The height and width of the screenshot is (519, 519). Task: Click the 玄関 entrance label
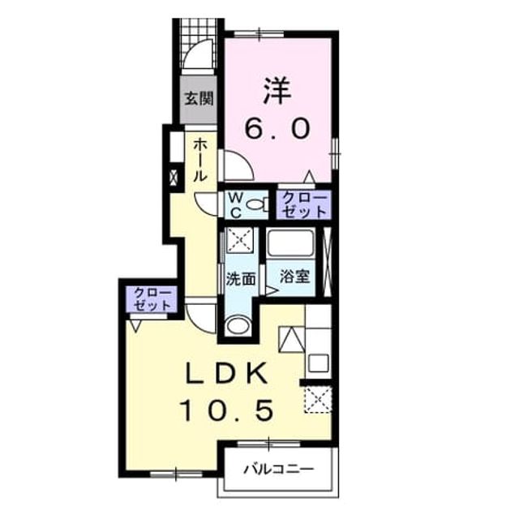pyautogui.click(x=199, y=98)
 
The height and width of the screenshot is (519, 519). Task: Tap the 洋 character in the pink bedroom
pyautogui.click(x=277, y=91)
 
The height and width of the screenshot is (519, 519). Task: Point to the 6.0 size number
pyautogui.click(x=277, y=128)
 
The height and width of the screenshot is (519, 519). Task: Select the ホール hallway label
pyautogui.click(x=200, y=160)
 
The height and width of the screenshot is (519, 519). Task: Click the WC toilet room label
pyautogui.click(x=235, y=205)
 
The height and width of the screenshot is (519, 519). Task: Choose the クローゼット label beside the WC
pyautogui.click(x=304, y=205)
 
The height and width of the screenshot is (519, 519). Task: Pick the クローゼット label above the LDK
pyautogui.click(x=152, y=299)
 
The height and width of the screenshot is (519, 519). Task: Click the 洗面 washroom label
pyautogui.click(x=241, y=279)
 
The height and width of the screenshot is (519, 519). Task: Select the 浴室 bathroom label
pyautogui.click(x=294, y=277)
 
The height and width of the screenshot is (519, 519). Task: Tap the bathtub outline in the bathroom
pyautogui.click(x=290, y=243)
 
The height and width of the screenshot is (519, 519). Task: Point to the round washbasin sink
pyautogui.click(x=238, y=326)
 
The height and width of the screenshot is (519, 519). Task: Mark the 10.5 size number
pyautogui.click(x=226, y=410)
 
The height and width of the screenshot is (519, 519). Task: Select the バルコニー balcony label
pyautogui.click(x=278, y=469)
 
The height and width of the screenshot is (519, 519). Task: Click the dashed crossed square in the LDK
pyautogui.click(x=318, y=400)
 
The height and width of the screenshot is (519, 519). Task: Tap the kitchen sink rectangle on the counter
pyautogui.click(x=318, y=362)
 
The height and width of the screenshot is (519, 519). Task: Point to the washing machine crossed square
pyautogui.click(x=240, y=240)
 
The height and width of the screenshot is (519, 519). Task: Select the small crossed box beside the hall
pyautogui.click(x=174, y=177)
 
